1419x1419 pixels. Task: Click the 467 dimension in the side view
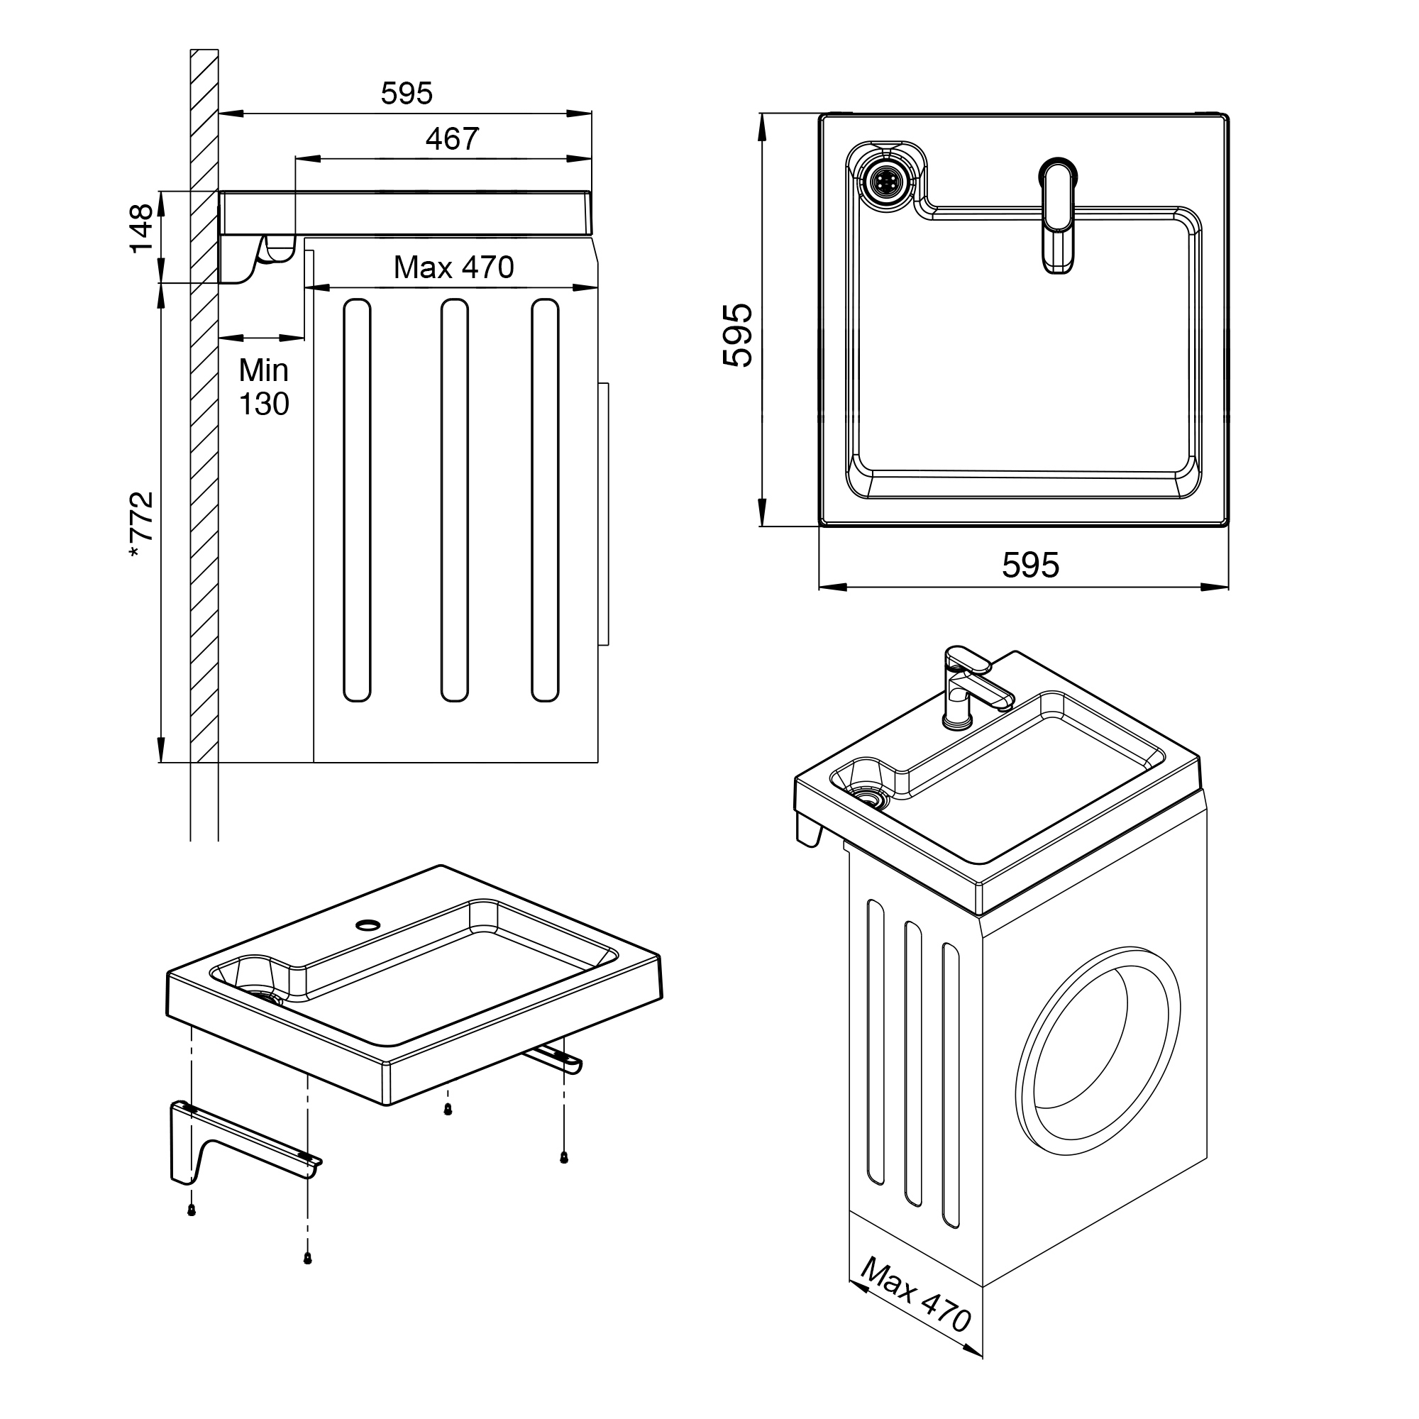[452, 139]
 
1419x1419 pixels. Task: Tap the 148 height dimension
[142, 228]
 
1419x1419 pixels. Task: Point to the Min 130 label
[264, 387]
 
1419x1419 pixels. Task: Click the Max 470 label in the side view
[454, 268]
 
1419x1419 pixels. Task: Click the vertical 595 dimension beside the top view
[737, 335]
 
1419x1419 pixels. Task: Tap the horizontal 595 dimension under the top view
[1030, 565]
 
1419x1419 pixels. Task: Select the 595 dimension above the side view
[407, 93]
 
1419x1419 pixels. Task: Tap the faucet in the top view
[1058, 216]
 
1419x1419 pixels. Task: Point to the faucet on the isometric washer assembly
[972, 687]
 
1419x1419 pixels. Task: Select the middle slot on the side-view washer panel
[455, 500]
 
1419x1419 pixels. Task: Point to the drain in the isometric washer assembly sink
[871, 798]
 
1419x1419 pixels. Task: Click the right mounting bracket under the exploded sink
[556, 1058]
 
